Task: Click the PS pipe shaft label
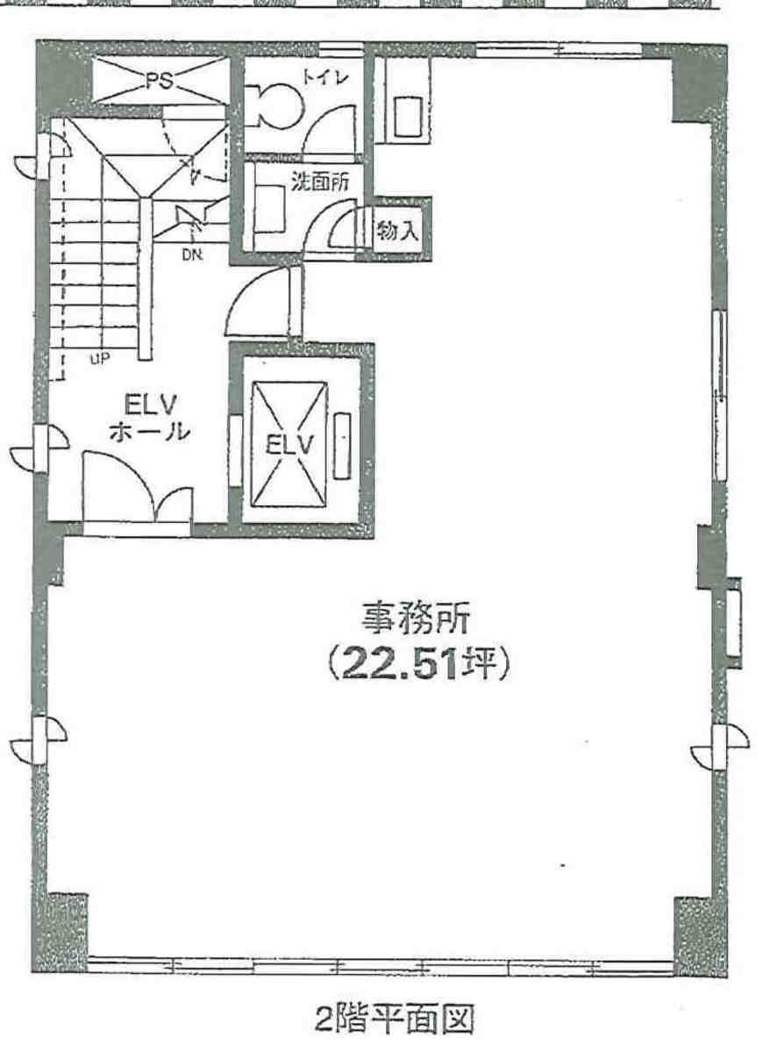(159, 82)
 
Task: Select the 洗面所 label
(319, 181)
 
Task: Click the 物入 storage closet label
(397, 232)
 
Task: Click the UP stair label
(99, 359)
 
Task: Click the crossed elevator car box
(289, 444)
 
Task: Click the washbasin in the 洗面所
(269, 210)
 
